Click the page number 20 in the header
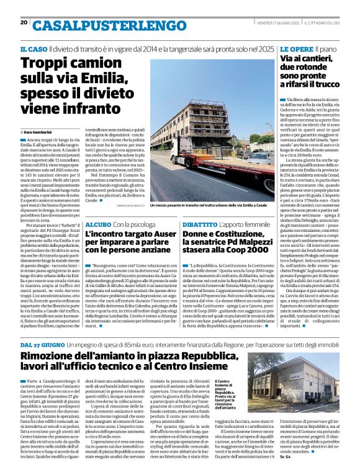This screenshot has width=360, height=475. click(x=24, y=22)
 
